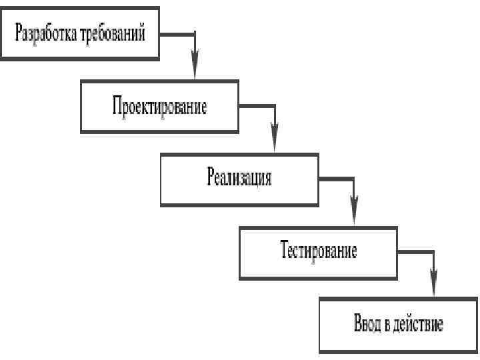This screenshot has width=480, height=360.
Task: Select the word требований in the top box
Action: (117, 33)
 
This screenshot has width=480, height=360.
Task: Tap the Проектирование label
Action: (159, 107)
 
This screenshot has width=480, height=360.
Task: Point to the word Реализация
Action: (239, 179)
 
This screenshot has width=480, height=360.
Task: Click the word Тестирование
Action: (319, 252)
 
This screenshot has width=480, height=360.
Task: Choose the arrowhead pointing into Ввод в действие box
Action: (433, 287)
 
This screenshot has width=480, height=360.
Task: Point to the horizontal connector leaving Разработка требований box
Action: (177, 33)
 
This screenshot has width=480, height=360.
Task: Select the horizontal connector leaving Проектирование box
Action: (257, 105)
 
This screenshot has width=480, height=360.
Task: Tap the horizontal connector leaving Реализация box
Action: (336, 179)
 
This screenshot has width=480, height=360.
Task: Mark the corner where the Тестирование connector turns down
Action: (433, 251)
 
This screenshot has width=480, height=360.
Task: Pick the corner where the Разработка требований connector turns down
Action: (195, 33)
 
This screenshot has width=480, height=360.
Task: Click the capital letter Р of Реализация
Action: (211, 179)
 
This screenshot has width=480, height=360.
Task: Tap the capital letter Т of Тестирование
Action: (284, 251)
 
